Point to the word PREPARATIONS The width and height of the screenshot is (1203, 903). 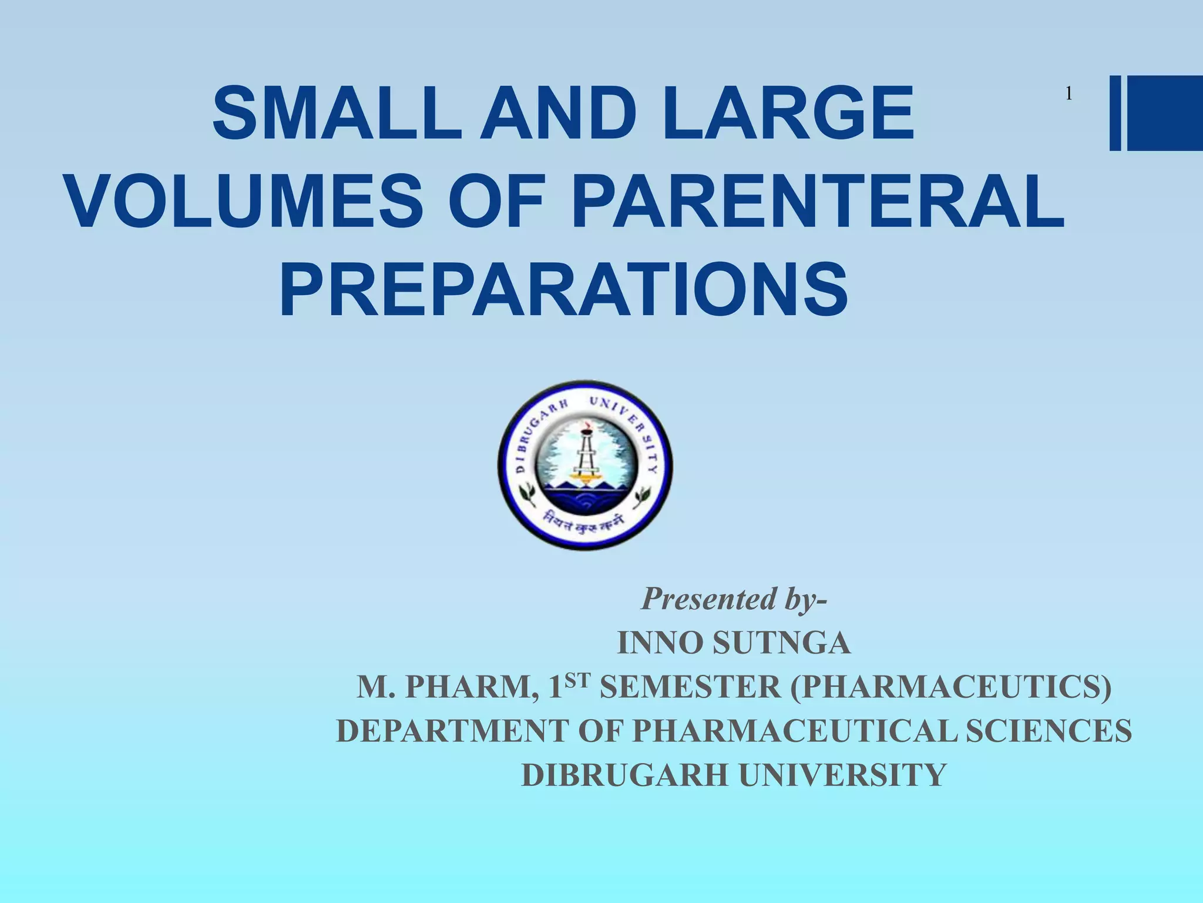pos(564,291)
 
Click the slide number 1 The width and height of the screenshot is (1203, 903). pos(1069,94)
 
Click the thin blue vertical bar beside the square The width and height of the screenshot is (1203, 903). pos(1115,113)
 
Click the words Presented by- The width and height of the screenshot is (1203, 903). pos(734,600)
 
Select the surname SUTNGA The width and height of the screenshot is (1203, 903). pos(781,643)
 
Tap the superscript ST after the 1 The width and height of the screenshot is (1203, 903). pos(579,680)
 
